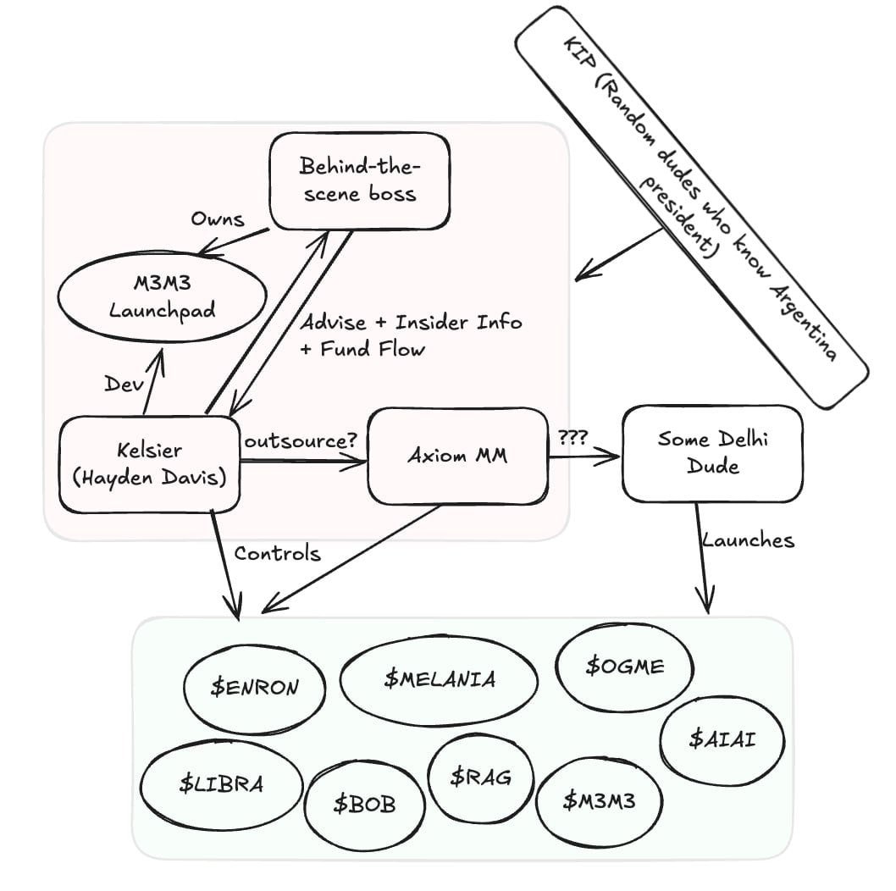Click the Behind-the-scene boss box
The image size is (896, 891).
(x=358, y=180)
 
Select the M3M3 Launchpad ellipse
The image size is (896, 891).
(x=161, y=298)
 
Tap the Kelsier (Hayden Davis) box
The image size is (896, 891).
(x=149, y=463)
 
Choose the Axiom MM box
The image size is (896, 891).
(x=457, y=456)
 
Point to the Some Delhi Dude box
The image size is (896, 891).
(x=711, y=452)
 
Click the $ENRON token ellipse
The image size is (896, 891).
(x=254, y=687)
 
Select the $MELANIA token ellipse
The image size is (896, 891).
(x=439, y=679)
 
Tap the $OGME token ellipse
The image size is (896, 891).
(x=624, y=667)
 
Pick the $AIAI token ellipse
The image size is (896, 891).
(x=721, y=739)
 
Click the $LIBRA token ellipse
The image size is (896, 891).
(x=220, y=783)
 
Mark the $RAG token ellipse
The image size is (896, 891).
(x=480, y=776)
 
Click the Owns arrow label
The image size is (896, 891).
(x=217, y=219)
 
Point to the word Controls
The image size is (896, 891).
(x=277, y=554)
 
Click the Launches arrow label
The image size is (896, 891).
(x=748, y=540)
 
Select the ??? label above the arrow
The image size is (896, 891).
(x=572, y=438)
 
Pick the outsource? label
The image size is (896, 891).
(x=300, y=442)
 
